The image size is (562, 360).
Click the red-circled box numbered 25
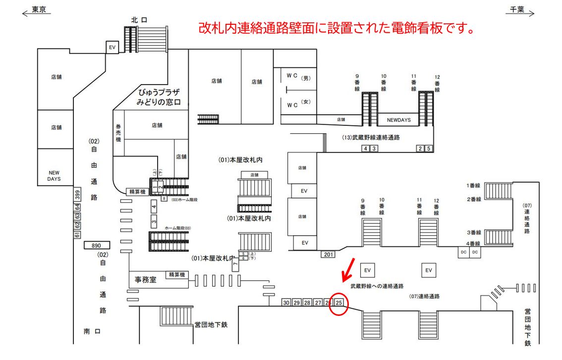click(x=339, y=303)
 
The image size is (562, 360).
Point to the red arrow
click(x=348, y=269)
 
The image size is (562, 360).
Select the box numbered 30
click(x=286, y=303)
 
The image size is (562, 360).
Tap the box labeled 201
click(x=327, y=254)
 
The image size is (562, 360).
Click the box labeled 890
click(x=97, y=245)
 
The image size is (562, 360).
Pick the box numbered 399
click(x=77, y=196)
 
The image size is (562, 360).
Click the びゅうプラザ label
click(x=158, y=93)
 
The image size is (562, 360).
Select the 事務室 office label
click(x=146, y=279)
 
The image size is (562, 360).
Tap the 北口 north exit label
click(x=140, y=20)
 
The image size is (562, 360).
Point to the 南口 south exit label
click(x=92, y=331)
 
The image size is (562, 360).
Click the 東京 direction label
click(x=39, y=9)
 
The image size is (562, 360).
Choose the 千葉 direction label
click(x=518, y=9)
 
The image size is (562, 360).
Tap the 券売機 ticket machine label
click(x=118, y=133)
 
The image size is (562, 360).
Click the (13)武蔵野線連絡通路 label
click(x=371, y=138)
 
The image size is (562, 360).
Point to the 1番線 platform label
click(x=473, y=185)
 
